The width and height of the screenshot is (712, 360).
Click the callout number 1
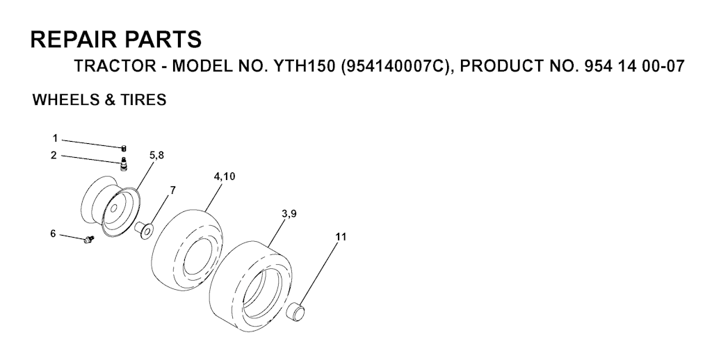click(56, 138)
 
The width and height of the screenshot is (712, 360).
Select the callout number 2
click(54, 156)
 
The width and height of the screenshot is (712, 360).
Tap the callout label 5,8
click(156, 156)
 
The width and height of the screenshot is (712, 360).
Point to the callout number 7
click(172, 190)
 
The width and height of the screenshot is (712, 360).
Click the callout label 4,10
click(225, 177)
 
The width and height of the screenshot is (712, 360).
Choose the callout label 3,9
click(289, 214)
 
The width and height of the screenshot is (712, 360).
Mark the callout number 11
click(341, 236)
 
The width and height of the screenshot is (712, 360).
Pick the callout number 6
click(53, 234)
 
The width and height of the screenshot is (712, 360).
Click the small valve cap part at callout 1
click(124, 148)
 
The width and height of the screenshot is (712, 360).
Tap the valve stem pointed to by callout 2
click(123, 163)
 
